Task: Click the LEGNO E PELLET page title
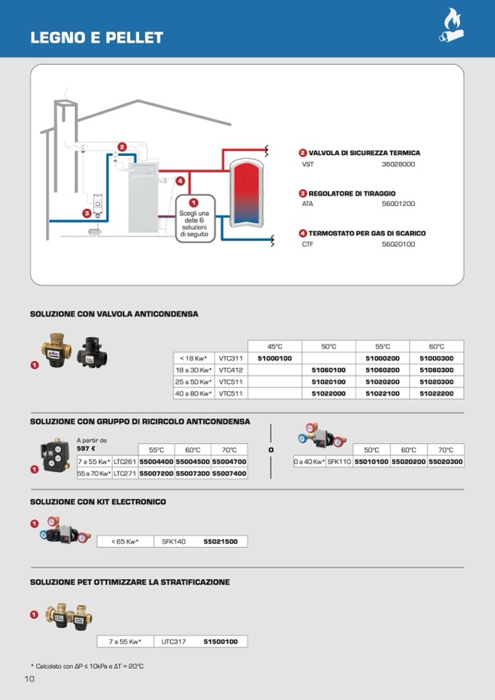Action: click(x=97, y=38)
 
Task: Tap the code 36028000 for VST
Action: click(x=398, y=165)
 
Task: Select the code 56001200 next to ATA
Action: click(x=398, y=204)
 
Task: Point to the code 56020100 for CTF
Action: click(x=398, y=244)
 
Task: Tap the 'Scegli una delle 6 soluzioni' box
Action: click(x=194, y=219)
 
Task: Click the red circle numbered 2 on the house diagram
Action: click(x=122, y=147)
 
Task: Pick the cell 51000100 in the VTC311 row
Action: click(x=274, y=358)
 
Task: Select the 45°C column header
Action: click(x=274, y=347)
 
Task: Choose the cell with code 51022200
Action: click(x=436, y=393)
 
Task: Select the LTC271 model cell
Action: click(x=125, y=473)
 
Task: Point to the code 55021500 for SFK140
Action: click(x=221, y=541)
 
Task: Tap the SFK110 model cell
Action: click(x=339, y=462)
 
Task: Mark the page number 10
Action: click(x=30, y=679)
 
